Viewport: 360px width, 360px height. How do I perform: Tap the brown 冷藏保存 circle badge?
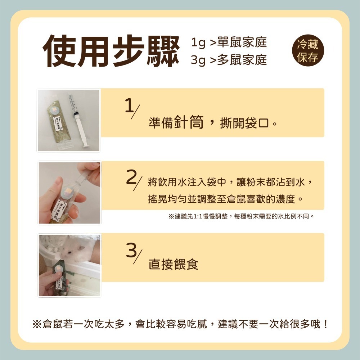click(x=308, y=51)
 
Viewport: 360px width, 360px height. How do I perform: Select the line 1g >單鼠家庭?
click(x=229, y=42)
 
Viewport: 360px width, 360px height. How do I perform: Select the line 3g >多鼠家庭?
click(x=229, y=60)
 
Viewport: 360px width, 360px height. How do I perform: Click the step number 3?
click(x=131, y=250)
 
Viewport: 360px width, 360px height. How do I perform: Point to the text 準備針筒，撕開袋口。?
click(x=212, y=123)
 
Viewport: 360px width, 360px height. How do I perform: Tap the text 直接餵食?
click(x=173, y=265)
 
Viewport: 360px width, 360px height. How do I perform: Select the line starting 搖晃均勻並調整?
click(x=226, y=199)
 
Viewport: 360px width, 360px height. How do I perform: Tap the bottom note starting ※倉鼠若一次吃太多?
click(x=180, y=324)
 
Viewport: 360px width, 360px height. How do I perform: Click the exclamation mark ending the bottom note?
click(x=325, y=324)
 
